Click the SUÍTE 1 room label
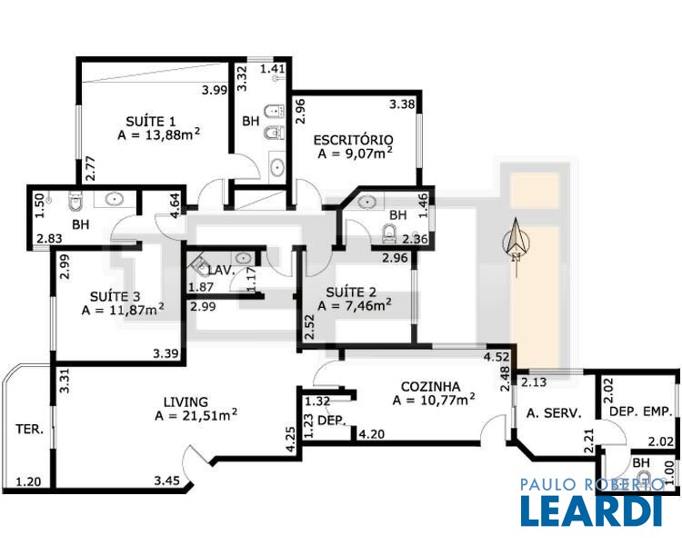(150, 121)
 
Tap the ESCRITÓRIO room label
(353, 140)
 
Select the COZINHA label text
(430, 386)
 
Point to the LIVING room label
(186, 401)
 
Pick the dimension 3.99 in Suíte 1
(215, 90)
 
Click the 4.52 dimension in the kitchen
(496, 357)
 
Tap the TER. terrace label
(30, 430)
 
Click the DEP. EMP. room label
(641, 411)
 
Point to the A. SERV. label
(554, 413)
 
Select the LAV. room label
(221, 271)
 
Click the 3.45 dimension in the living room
(166, 481)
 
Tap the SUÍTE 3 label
(115, 297)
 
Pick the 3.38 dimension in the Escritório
(402, 104)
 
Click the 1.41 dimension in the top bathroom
(273, 68)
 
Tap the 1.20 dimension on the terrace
(29, 481)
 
